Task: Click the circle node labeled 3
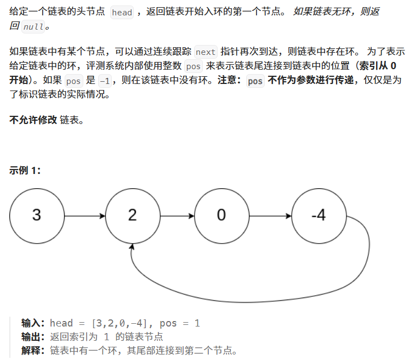[37, 215]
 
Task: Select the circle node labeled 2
[132, 215]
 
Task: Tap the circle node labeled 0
[221, 215]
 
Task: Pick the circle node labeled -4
[319, 215]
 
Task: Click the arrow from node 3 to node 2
[84, 216]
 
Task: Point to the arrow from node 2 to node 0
[177, 216]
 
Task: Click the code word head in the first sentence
[122, 12]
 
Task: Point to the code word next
[206, 52]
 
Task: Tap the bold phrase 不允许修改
[33, 120]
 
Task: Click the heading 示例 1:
[25, 170]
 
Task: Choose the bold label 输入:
[34, 323]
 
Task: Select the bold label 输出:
[34, 337]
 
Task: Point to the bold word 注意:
[231, 81]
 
